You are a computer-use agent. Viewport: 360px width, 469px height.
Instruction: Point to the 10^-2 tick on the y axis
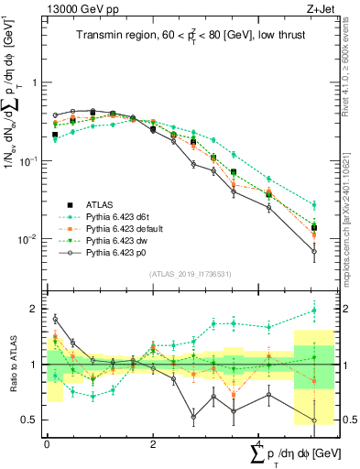tap(29, 240)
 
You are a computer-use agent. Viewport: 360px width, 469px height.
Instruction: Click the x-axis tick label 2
tap(152, 443)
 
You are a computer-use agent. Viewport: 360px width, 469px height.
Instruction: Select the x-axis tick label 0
tap(47, 443)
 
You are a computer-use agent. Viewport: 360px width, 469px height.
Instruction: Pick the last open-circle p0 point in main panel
tap(314, 251)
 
